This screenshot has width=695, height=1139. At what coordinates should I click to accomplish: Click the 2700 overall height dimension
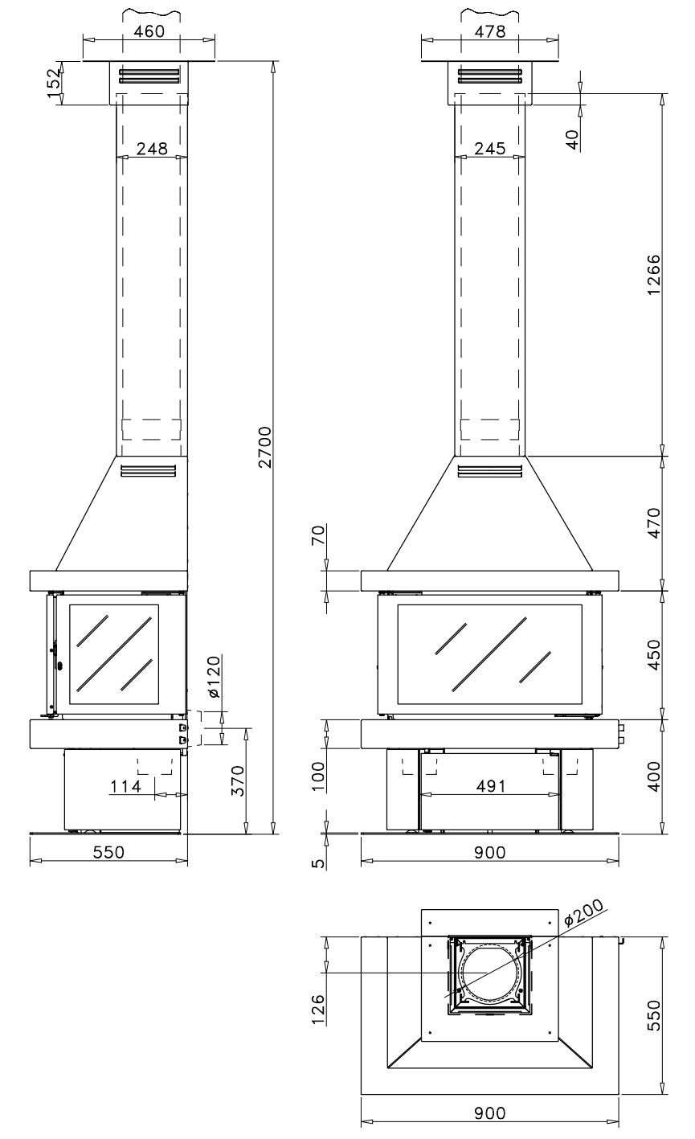tap(265, 447)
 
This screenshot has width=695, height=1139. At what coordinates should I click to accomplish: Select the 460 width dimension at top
tap(149, 31)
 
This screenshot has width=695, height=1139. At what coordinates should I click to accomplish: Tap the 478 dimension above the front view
tap(489, 31)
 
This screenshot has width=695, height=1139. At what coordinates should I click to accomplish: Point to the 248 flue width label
tap(152, 149)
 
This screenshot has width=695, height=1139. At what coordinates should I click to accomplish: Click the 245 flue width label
tap(490, 149)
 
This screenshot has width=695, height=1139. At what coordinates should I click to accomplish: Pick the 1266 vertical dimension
tap(654, 275)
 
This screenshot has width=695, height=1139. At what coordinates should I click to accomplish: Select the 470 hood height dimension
tap(654, 522)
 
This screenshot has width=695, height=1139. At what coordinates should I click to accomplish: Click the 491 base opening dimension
tap(491, 786)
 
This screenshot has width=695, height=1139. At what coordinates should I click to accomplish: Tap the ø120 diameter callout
tap(214, 677)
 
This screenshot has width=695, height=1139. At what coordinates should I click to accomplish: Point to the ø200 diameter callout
tap(583, 912)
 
